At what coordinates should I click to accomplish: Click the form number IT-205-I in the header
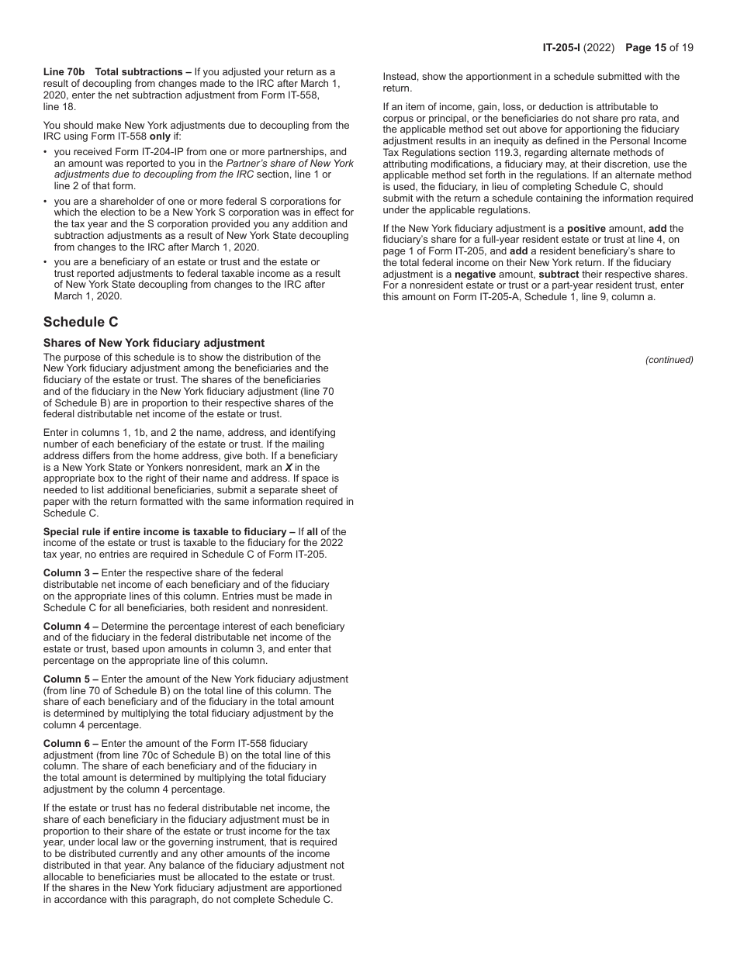coord(565,47)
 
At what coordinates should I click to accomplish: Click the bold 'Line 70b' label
coord(64,72)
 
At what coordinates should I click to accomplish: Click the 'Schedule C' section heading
coord(81,323)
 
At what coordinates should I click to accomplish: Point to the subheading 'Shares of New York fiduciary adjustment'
coord(154,343)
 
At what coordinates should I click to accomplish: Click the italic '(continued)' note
coord(669,360)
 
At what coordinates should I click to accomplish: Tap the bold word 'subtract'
coord(559,275)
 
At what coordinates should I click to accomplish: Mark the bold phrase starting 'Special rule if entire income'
coord(164,531)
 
